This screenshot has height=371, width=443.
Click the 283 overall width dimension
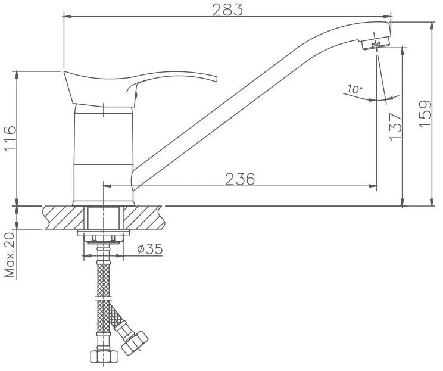click(227, 10)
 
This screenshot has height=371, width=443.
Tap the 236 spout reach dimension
click(240, 179)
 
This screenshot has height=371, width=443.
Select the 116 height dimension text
click(11, 138)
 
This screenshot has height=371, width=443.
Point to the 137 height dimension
click(395, 126)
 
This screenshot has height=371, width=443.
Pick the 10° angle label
click(354, 89)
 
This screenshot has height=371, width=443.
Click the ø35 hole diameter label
click(150, 249)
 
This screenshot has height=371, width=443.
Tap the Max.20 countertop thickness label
click(10, 255)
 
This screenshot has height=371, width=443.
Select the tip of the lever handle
click(217, 79)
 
